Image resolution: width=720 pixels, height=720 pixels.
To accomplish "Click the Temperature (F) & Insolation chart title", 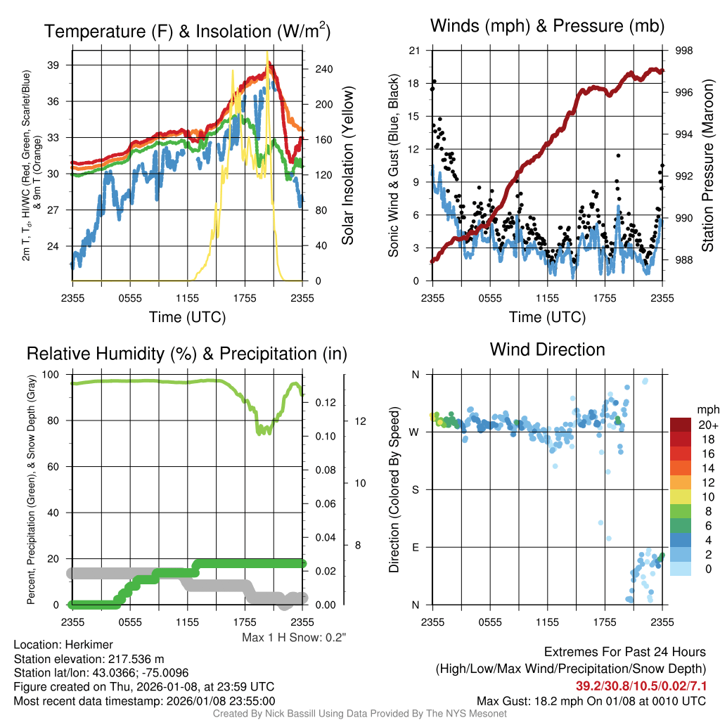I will click(187, 32).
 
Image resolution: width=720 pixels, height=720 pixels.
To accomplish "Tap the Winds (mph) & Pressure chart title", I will click(547, 27).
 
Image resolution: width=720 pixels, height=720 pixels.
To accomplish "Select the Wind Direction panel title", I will click(547, 349).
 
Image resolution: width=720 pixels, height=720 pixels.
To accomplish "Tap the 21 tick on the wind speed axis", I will click(415, 51).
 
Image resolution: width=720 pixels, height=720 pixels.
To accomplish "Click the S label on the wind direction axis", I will click(416, 489).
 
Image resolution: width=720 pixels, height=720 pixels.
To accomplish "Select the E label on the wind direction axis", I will click(416, 547).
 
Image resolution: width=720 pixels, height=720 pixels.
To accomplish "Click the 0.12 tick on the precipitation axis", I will click(325, 402).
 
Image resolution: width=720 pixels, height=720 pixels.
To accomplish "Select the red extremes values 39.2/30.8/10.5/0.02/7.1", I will click(641, 686).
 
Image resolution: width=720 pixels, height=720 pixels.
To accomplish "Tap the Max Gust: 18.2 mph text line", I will click(591, 700).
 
